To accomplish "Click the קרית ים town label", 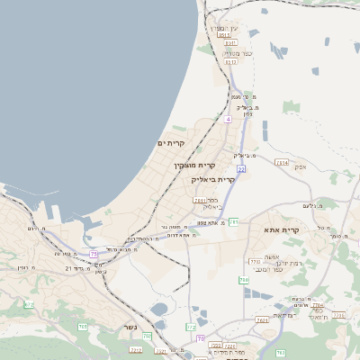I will click(170, 143).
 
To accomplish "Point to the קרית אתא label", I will click(308, 230).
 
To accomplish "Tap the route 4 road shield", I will click(229, 118).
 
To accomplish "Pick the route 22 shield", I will click(241, 168).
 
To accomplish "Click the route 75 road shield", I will click(94, 255).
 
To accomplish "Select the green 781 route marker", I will click(233, 220).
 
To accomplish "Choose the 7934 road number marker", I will click(283, 163).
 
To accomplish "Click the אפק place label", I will click(301, 167).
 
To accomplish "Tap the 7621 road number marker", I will click(262, 319).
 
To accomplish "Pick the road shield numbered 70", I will click(200, 338).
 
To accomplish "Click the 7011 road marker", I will click(198, 201).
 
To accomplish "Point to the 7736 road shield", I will click(337, 315).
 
